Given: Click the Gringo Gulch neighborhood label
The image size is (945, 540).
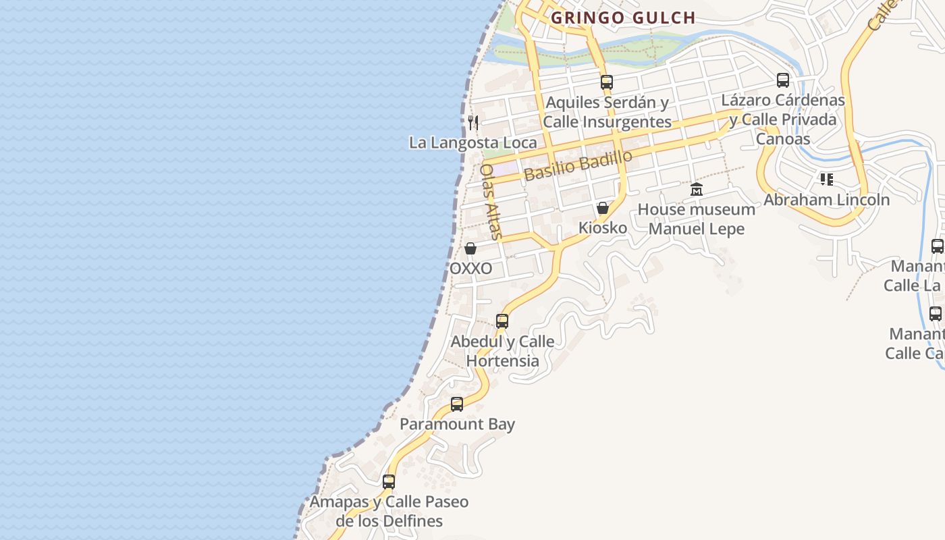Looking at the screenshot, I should point(623,18).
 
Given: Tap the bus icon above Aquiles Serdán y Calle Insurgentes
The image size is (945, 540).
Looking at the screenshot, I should point(607,82).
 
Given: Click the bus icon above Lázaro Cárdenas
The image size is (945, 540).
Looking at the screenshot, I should point(783,80).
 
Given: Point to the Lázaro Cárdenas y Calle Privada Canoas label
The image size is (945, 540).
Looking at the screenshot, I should point(783,119).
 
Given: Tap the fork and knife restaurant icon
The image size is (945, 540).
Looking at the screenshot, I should point(473,122).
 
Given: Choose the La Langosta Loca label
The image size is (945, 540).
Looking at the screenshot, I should point(473,142).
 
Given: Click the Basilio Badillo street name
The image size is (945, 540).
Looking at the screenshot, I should point(578,165).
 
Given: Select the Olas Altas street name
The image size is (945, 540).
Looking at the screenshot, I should point(491,202).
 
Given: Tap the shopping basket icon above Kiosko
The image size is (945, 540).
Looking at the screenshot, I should point(603,208).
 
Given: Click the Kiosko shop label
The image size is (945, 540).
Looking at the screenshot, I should point(603,228).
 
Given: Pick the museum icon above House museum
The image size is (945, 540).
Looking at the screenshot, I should point(697,190).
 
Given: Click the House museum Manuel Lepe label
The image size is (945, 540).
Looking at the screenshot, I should point(697,219).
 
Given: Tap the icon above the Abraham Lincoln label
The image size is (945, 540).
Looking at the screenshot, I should point(826,180).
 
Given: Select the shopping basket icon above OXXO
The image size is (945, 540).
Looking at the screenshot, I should point(470,248).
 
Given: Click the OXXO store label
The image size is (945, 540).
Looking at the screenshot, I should point(470,269).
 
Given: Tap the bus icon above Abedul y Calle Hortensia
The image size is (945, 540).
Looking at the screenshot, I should point(502,321).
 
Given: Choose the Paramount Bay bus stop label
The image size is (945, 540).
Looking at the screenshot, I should point(457,424).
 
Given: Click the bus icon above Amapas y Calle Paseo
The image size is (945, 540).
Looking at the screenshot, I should point(389,482).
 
